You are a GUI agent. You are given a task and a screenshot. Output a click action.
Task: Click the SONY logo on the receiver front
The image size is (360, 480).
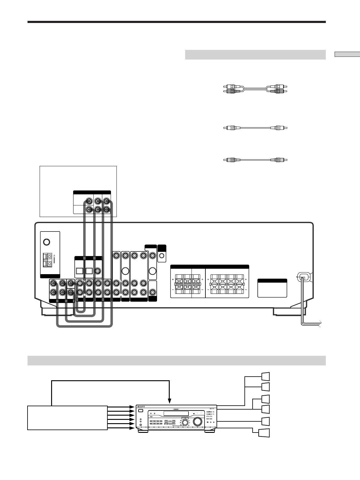coord(141,407)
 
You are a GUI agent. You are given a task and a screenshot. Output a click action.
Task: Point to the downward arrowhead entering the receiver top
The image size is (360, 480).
coord(170,401)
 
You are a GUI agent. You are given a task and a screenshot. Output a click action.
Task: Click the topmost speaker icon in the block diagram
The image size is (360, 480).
coord(265,376)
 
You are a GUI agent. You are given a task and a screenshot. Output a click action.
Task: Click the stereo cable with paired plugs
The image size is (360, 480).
coord(254,89)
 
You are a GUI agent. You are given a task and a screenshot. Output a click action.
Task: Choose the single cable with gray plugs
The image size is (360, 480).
coord(255,160)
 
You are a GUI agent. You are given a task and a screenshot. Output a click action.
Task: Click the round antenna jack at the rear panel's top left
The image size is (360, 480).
coord(46,242)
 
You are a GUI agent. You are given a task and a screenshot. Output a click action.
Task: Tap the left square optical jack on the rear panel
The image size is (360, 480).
coord(80,271)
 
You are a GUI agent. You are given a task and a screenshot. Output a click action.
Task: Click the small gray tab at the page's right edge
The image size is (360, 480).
coord(347,54)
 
